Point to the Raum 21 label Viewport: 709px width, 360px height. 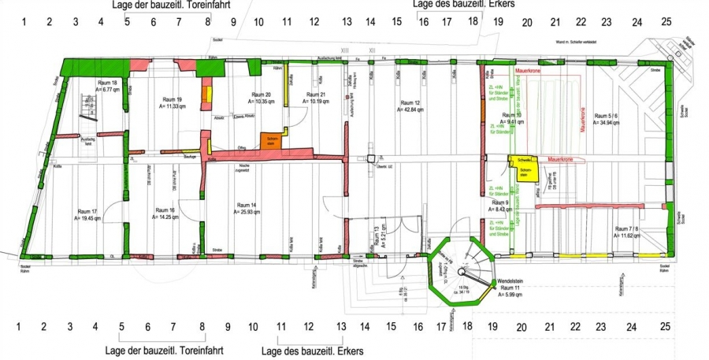pyautogui.click(x=320, y=95)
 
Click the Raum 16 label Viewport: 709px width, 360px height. pyautogui.click(x=166, y=210)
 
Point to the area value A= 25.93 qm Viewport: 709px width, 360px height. pyautogui.click(x=251, y=212)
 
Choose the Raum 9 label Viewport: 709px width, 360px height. pyautogui.click(x=502, y=202)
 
